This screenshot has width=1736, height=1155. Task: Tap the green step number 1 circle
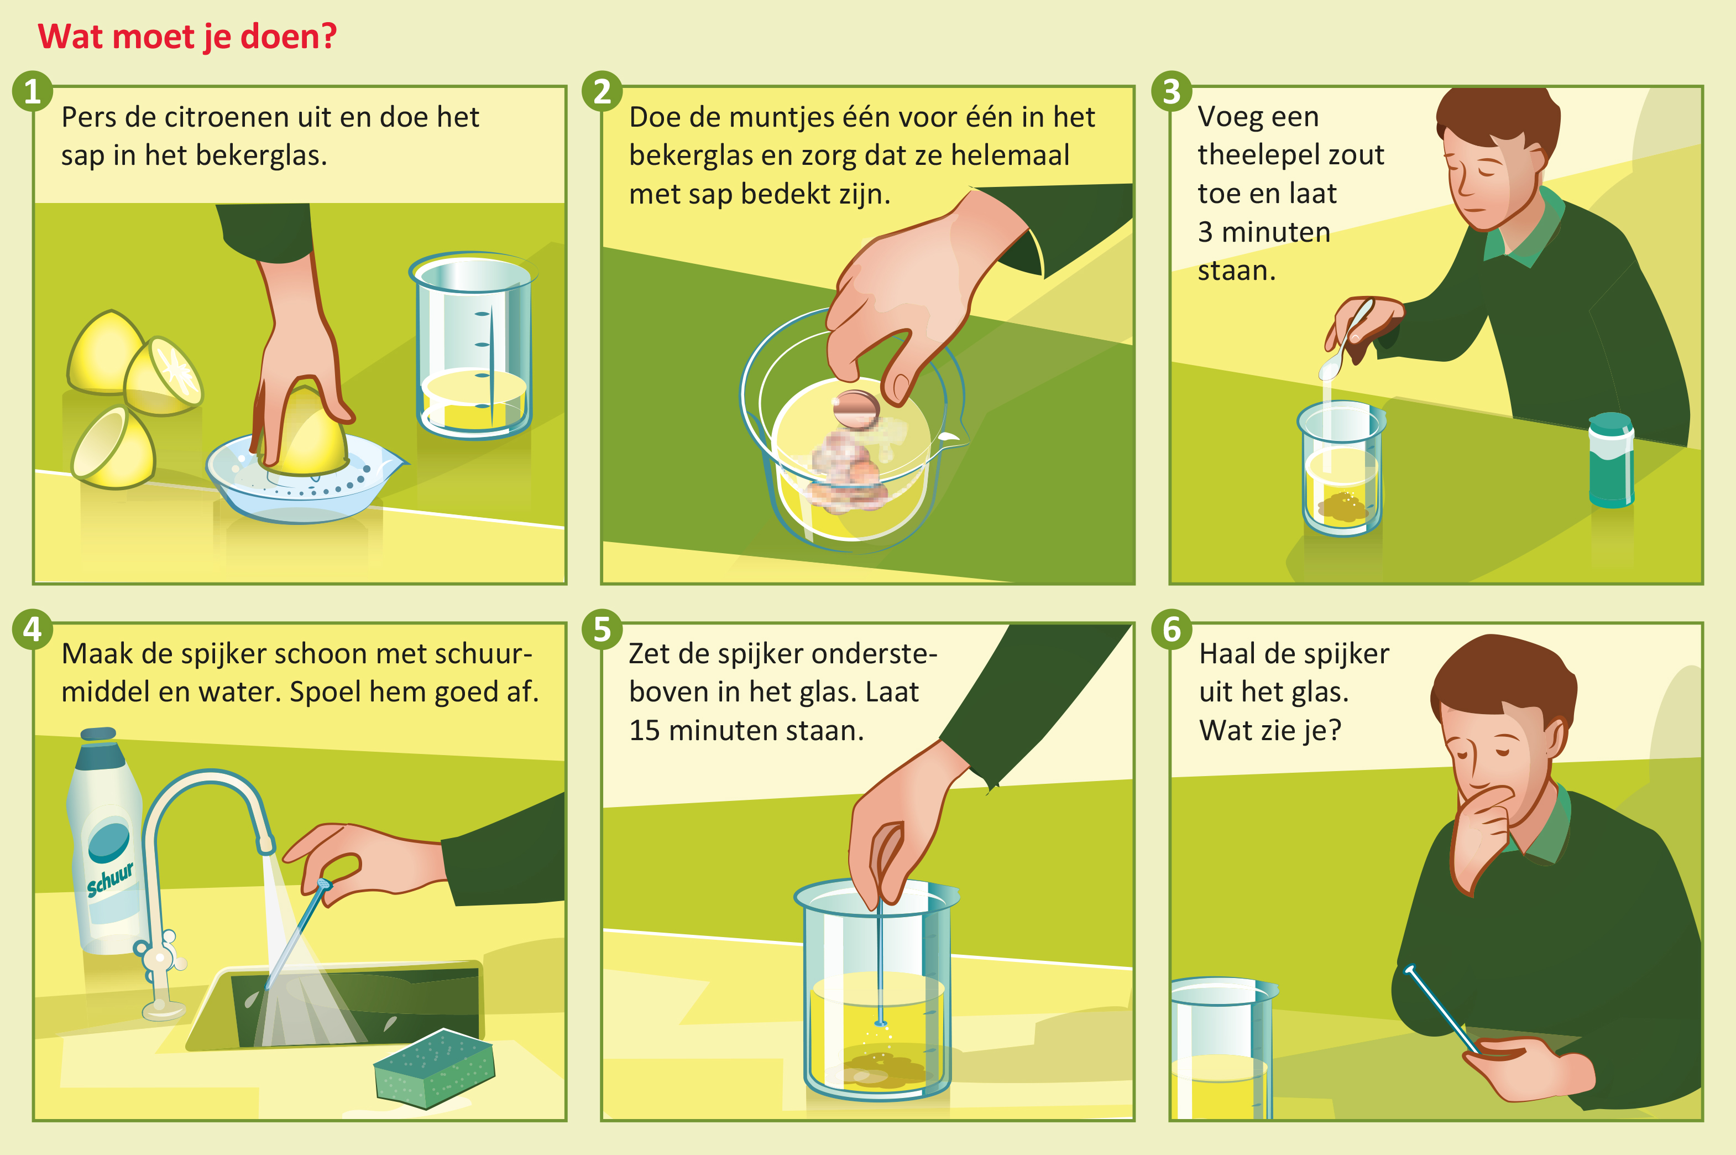pos(33,91)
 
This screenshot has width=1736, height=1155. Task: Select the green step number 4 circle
pos(33,629)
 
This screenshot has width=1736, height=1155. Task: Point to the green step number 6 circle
pos(1172,629)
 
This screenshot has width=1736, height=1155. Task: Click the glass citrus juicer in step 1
pos(302,482)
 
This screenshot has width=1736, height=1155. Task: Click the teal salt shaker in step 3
pos(1611,460)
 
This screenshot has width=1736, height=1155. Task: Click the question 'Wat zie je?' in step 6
pos(1270,731)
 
